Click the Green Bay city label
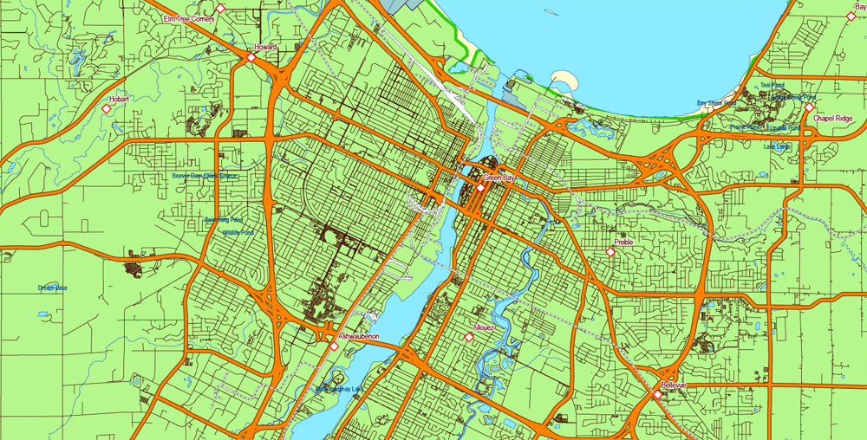pos(499,178)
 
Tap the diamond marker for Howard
pos(251,57)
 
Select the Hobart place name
pos(119,100)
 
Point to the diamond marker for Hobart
pos(107,109)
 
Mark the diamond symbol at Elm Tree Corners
pos(220,9)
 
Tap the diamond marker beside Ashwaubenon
pos(334,346)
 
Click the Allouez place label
pos(484,328)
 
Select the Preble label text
pos(623,243)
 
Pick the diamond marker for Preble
pos(610,252)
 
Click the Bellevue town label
pos(674,385)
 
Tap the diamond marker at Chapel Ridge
pos(809,109)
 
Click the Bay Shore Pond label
pos(716,103)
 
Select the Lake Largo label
pos(777,146)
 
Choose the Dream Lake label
pos(52,288)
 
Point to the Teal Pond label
pos(771,85)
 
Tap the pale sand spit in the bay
pos(564,81)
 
